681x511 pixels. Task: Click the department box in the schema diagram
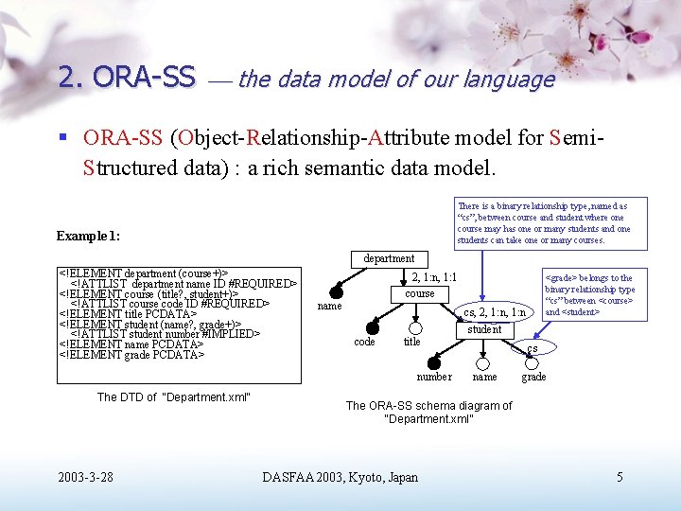tap(389, 258)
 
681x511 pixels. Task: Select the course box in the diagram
tap(420, 293)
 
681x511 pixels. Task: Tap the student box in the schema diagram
tap(484, 329)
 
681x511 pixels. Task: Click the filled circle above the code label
tap(372, 327)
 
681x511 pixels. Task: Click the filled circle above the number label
tap(433, 362)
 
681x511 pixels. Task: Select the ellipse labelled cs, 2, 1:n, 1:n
tap(495, 312)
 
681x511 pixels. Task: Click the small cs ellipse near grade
tap(533, 348)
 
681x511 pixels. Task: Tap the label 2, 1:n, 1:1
tap(434, 276)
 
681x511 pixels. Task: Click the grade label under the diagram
tap(533, 377)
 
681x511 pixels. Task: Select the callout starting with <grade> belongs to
tap(589, 295)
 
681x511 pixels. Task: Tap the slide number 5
tap(620, 477)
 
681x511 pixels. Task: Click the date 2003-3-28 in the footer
tap(85, 477)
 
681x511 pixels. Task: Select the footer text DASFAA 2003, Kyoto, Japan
tap(340, 477)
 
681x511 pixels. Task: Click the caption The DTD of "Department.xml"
tap(173, 396)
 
